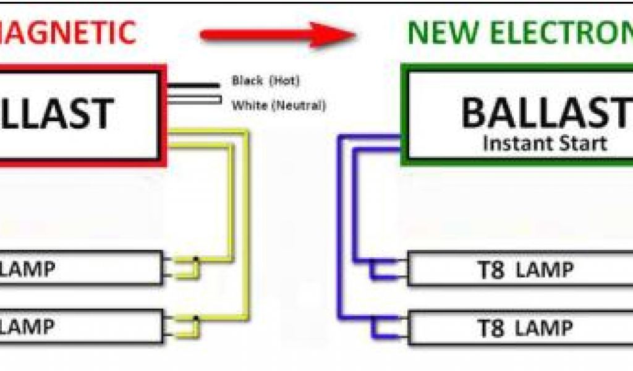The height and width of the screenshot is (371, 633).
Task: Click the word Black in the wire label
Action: [247, 80]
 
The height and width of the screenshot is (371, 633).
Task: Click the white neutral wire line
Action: [192, 99]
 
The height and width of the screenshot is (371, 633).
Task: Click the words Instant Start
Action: [544, 143]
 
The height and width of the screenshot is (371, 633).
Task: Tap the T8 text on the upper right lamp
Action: [492, 270]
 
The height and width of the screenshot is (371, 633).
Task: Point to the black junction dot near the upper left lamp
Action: [195, 259]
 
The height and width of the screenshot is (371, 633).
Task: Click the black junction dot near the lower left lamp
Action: [195, 318]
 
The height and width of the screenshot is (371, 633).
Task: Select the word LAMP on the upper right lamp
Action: [545, 270]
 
